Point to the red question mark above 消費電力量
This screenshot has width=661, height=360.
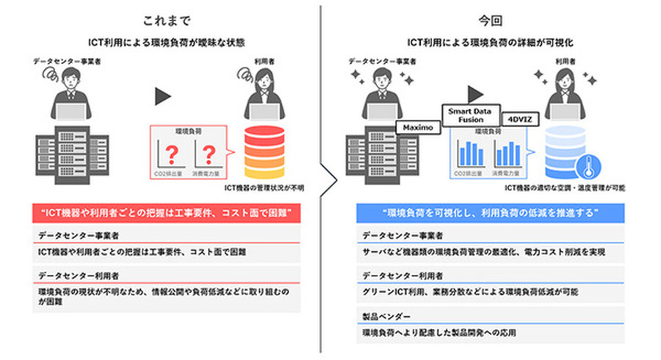coord(209,154)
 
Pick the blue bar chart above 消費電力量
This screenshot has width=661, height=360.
coord(507,154)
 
